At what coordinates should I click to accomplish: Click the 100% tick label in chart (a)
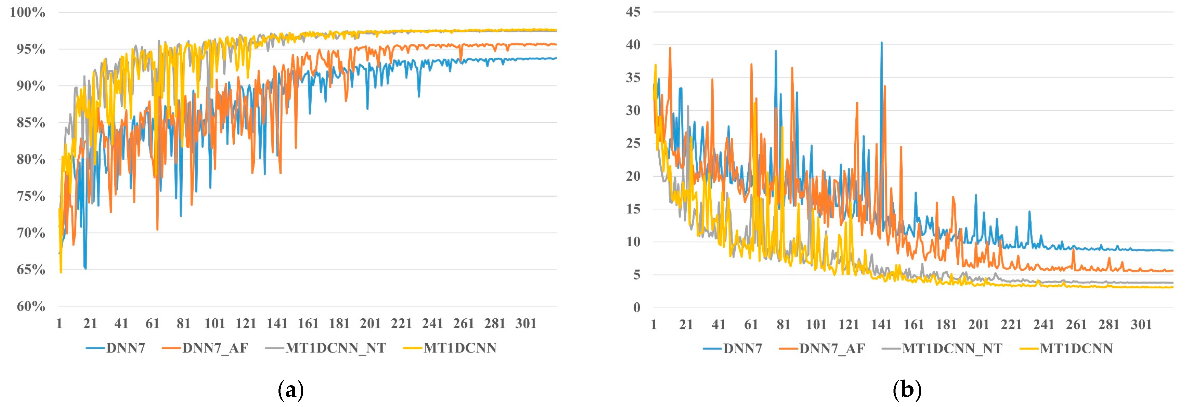(28, 13)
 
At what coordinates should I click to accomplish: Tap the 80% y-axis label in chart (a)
(31, 159)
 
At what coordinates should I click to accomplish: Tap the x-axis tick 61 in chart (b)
(751, 325)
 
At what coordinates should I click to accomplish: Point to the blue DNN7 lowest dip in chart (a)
(85, 268)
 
